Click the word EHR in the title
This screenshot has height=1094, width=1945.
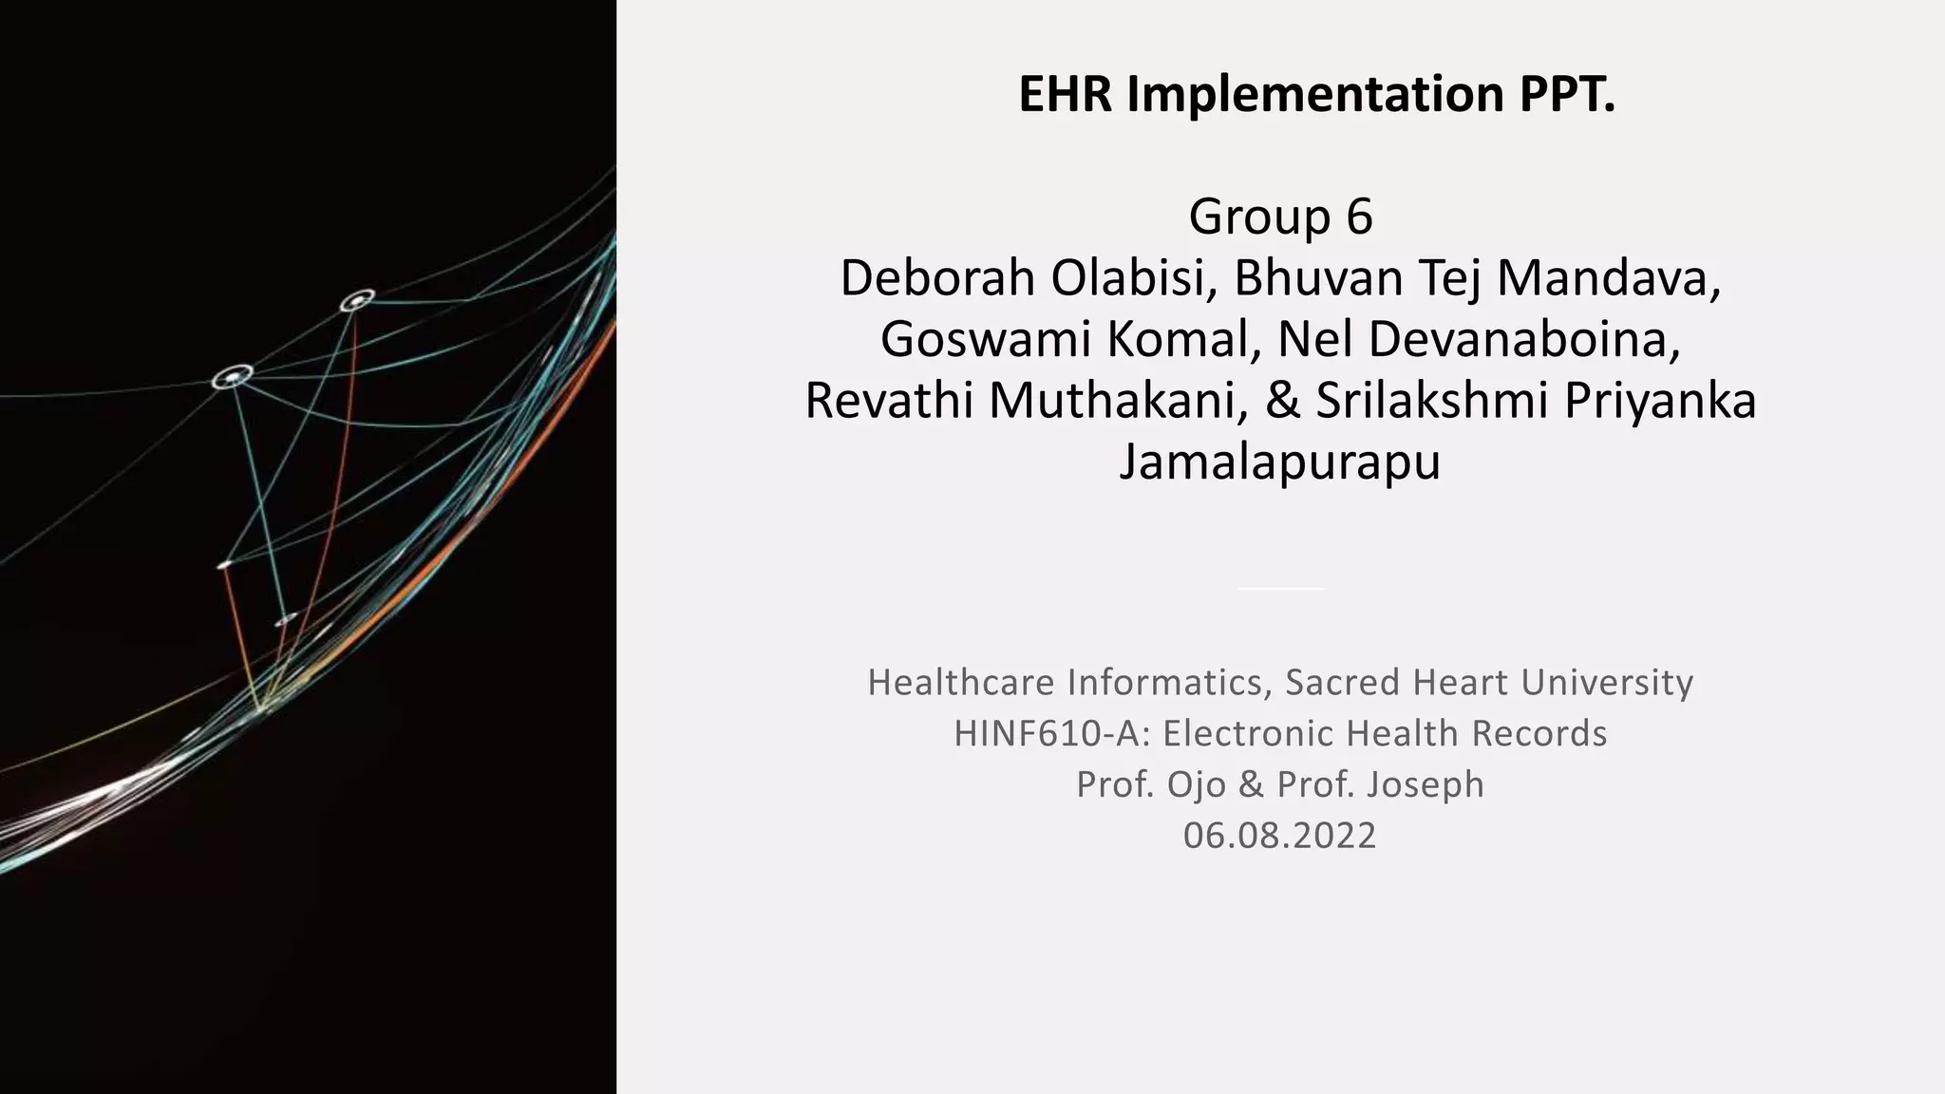(1066, 94)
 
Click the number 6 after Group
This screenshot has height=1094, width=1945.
(1359, 217)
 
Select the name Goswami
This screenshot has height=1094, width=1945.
(985, 340)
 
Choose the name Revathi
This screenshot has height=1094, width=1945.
(888, 401)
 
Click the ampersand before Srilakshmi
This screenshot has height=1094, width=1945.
(1282, 401)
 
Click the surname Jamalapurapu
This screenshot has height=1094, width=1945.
(1280, 462)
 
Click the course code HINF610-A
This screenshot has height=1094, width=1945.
(1050, 734)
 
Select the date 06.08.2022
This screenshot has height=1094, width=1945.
(1280, 836)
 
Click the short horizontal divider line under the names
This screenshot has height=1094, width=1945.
(1281, 589)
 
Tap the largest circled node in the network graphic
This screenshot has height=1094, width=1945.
(232, 378)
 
